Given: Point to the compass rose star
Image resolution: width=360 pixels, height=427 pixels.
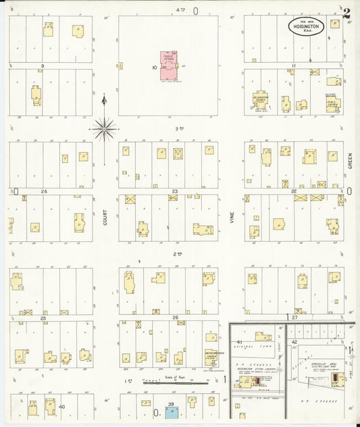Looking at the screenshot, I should (104, 126).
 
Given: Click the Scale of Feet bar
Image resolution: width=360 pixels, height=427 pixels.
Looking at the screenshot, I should (178, 384).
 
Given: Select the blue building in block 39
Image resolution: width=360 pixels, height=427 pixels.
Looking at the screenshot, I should (171, 410).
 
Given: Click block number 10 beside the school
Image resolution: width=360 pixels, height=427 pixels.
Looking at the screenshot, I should (154, 68).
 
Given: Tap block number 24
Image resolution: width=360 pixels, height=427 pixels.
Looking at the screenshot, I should (44, 192).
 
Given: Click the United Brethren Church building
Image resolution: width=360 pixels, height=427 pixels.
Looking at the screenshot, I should (211, 357).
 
